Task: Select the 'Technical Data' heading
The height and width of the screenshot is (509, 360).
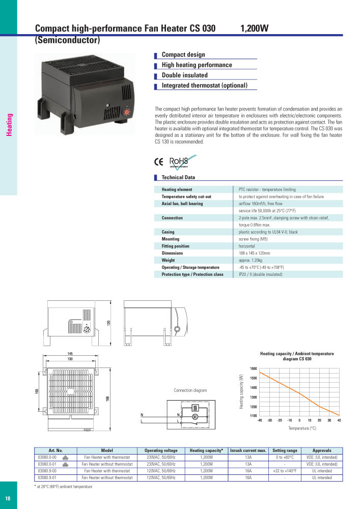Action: point(178,178)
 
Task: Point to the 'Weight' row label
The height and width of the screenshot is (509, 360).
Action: point(168,260)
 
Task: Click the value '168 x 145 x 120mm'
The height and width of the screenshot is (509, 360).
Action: point(255,253)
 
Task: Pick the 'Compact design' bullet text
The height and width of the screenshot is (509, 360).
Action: point(183,54)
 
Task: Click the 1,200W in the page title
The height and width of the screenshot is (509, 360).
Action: point(254,29)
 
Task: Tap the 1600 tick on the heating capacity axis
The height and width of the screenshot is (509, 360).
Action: point(253,369)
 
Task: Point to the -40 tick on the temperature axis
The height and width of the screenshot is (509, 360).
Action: point(260,420)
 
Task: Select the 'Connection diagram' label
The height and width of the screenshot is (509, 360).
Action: point(190,390)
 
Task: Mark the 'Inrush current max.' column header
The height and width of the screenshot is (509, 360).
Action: point(248,450)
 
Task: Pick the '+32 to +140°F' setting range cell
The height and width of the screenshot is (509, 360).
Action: point(285,471)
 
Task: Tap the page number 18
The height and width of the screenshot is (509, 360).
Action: point(8,498)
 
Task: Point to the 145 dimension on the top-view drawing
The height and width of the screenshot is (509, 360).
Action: point(70,354)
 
